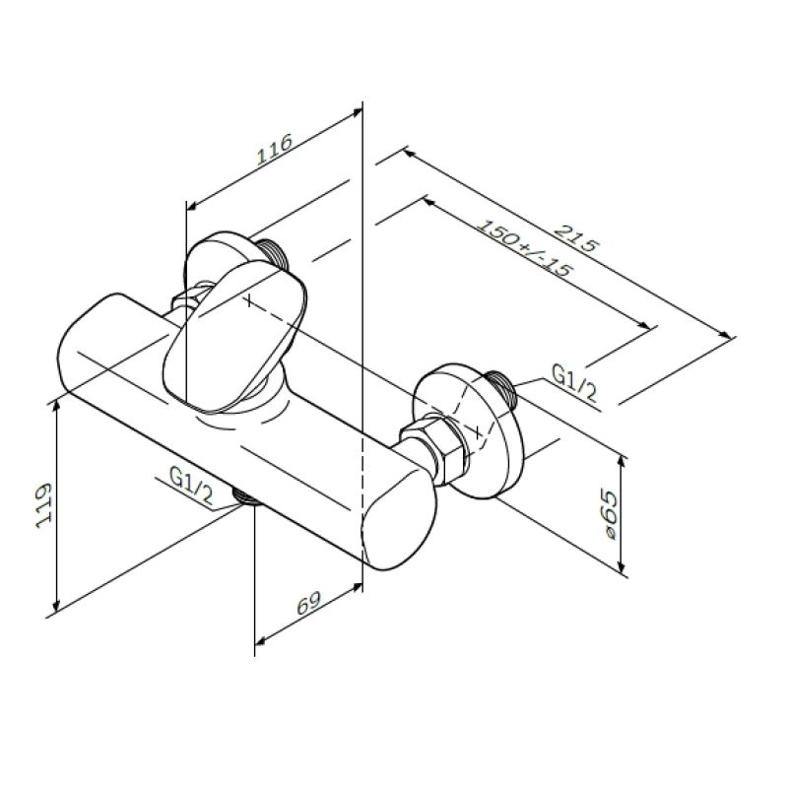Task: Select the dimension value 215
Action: [576, 240]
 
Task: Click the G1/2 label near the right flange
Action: [572, 382]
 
